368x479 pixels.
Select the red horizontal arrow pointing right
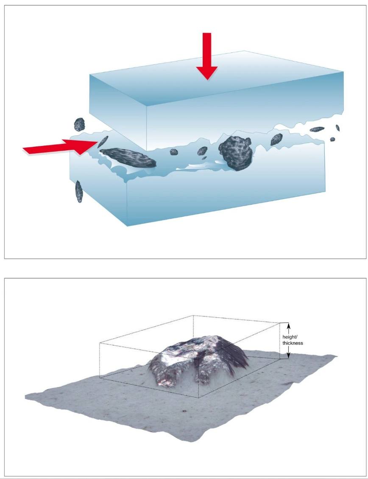point(61,147)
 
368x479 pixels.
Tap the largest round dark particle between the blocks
point(236,153)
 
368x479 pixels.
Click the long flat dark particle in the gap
point(128,158)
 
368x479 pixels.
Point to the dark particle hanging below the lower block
point(79,192)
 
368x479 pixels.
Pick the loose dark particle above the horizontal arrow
point(79,125)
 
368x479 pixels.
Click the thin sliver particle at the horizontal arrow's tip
point(103,142)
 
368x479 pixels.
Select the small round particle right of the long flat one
point(174,152)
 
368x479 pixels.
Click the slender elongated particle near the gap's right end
point(317,129)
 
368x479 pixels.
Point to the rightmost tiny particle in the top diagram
point(337,128)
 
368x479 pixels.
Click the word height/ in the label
point(289,337)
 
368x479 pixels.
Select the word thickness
point(293,343)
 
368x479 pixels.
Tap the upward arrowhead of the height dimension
point(288,326)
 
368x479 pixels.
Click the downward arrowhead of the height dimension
point(288,355)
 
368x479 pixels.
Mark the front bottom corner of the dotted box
point(199,398)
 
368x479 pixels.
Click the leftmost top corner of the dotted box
point(100,342)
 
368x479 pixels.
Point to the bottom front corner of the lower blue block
point(127,226)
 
